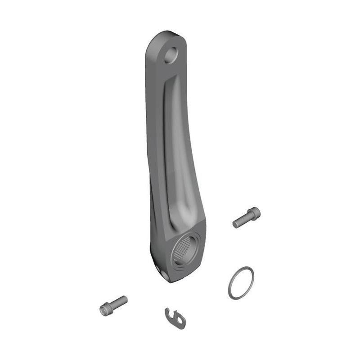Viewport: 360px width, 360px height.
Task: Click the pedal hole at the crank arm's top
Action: pyautogui.click(x=171, y=55)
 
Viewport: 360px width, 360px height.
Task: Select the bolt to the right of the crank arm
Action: pyautogui.click(x=246, y=217)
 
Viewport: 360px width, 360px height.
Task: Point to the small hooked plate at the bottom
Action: pyautogui.click(x=175, y=318)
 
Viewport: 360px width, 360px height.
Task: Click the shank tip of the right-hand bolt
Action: pyautogui.click(x=236, y=223)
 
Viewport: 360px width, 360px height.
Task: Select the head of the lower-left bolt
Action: pyautogui.click(x=105, y=309)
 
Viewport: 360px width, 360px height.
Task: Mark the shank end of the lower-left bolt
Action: pyautogui.click(x=125, y=299)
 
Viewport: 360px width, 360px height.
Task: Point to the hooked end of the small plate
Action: pyautogui.click(x=168, y=311)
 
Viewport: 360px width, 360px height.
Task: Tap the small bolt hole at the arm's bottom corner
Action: pyautogui.click(x=163, y=274)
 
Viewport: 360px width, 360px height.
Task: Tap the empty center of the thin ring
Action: pyautogui.click(x=241, y=283)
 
